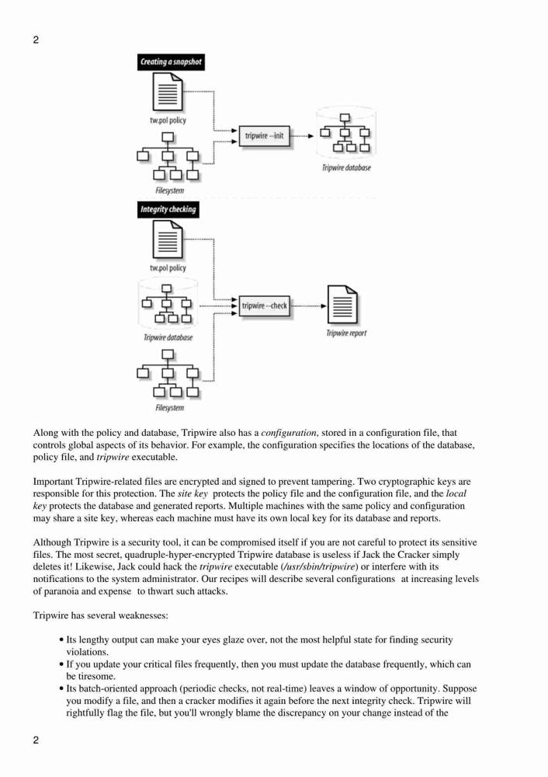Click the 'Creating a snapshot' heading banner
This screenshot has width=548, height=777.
click(170, 62)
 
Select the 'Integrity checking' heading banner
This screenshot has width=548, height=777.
click(168, 209)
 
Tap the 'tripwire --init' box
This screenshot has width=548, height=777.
click(264, 136)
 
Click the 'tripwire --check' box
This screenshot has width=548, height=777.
click(265, 305)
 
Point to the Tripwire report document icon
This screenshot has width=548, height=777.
click(342, 304)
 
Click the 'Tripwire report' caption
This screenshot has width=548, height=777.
click(346, 333)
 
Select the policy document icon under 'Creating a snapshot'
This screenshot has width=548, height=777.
click(168, 92)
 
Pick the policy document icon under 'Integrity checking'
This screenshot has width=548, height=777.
click(168, 240)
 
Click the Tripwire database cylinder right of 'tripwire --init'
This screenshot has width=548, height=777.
click(345, 132)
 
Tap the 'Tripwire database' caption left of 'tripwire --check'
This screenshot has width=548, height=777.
click(168, 337)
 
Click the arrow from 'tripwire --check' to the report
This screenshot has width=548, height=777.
click(308, 305)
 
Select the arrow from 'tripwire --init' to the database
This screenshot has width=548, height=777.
click(301, 136)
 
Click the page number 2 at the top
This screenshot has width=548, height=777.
click(36, 40)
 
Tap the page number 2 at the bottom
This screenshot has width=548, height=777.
click(36, 740)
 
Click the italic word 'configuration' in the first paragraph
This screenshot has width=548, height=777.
click(289, 433)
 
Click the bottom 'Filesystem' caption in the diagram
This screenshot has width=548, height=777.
click(169, 408)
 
